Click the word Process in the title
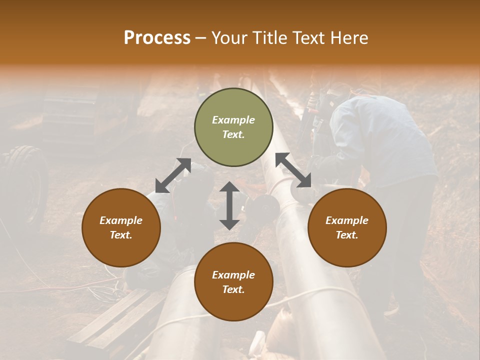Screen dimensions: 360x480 157,38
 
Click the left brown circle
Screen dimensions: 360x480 121,227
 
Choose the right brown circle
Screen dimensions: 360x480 347,227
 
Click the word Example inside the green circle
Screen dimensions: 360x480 233,120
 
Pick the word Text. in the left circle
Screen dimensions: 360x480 121,235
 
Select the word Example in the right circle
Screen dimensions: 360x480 347,220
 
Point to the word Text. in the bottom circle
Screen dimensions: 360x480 233,289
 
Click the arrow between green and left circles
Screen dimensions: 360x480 173,175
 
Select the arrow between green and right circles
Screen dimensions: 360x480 293,170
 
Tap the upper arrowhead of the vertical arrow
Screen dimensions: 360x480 229,187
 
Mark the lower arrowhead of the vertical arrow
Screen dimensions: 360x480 229,223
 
